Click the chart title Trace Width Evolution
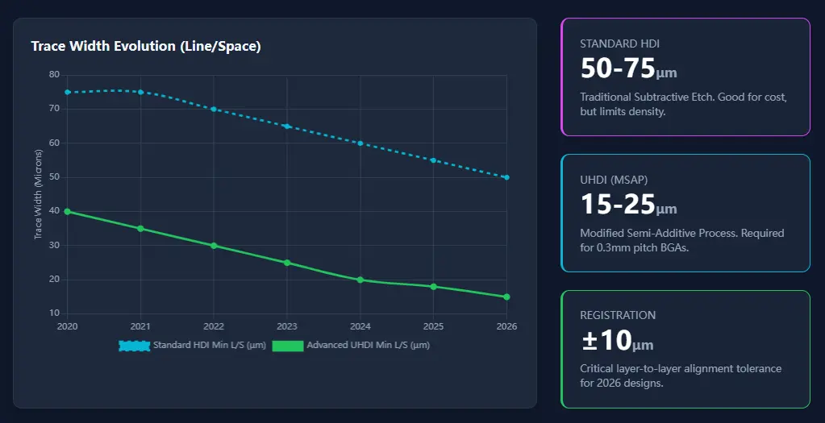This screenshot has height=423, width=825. point(146,46)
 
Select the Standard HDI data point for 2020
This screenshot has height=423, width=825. point(68,92)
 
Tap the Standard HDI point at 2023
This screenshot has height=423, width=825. point(287,126)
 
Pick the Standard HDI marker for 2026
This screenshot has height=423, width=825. point(506,177)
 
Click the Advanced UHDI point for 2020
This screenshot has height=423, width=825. point(68,212)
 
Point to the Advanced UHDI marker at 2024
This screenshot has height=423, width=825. point(360,280)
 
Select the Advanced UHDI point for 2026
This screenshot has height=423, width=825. point(506,297)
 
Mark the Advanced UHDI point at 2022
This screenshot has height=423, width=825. point(214,246)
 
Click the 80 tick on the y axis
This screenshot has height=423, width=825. point(54,74)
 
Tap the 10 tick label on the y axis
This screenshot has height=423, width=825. point(54,313)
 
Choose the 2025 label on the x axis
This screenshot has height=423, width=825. point(433,326)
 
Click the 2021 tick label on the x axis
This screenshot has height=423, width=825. point(141,326)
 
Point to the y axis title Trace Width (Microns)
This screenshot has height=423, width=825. point(38,194)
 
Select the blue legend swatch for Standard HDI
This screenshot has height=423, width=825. point(134,346)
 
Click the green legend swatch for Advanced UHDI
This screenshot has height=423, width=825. point(288,346)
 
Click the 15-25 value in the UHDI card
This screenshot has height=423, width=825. point(617,205)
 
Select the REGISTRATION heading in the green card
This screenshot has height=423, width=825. point(618,315)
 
